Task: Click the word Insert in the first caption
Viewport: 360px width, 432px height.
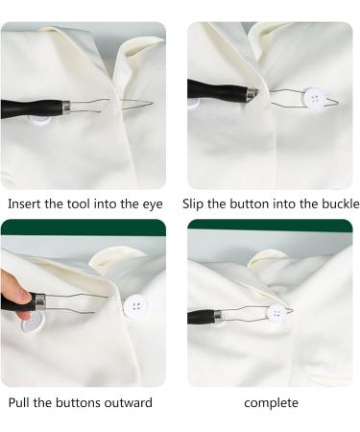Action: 24,204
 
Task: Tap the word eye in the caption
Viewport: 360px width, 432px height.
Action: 152,204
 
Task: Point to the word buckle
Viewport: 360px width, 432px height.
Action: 338,204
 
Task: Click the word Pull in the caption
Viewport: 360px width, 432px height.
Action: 21,402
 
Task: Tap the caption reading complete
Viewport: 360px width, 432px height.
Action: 273,402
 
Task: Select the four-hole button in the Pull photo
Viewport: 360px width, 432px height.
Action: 136,307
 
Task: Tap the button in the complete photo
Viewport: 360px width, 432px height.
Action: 277,312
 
